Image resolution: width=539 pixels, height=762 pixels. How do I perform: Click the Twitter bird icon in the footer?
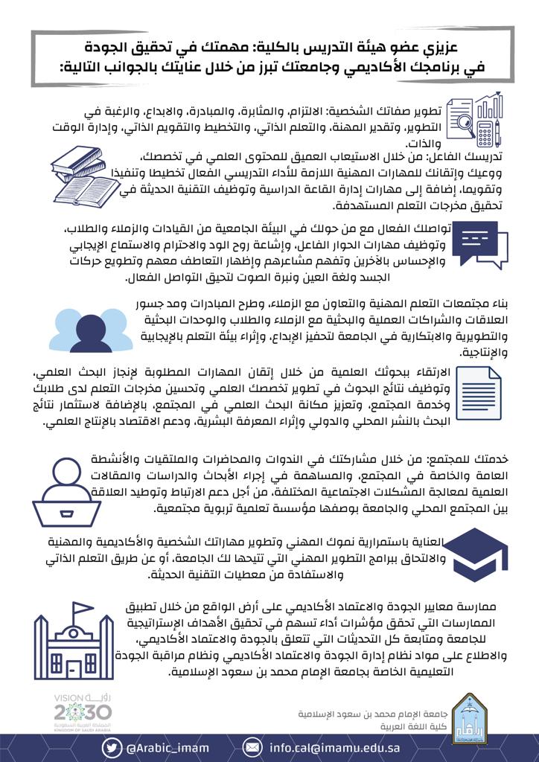112,746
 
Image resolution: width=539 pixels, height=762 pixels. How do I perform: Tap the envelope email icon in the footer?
254,746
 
